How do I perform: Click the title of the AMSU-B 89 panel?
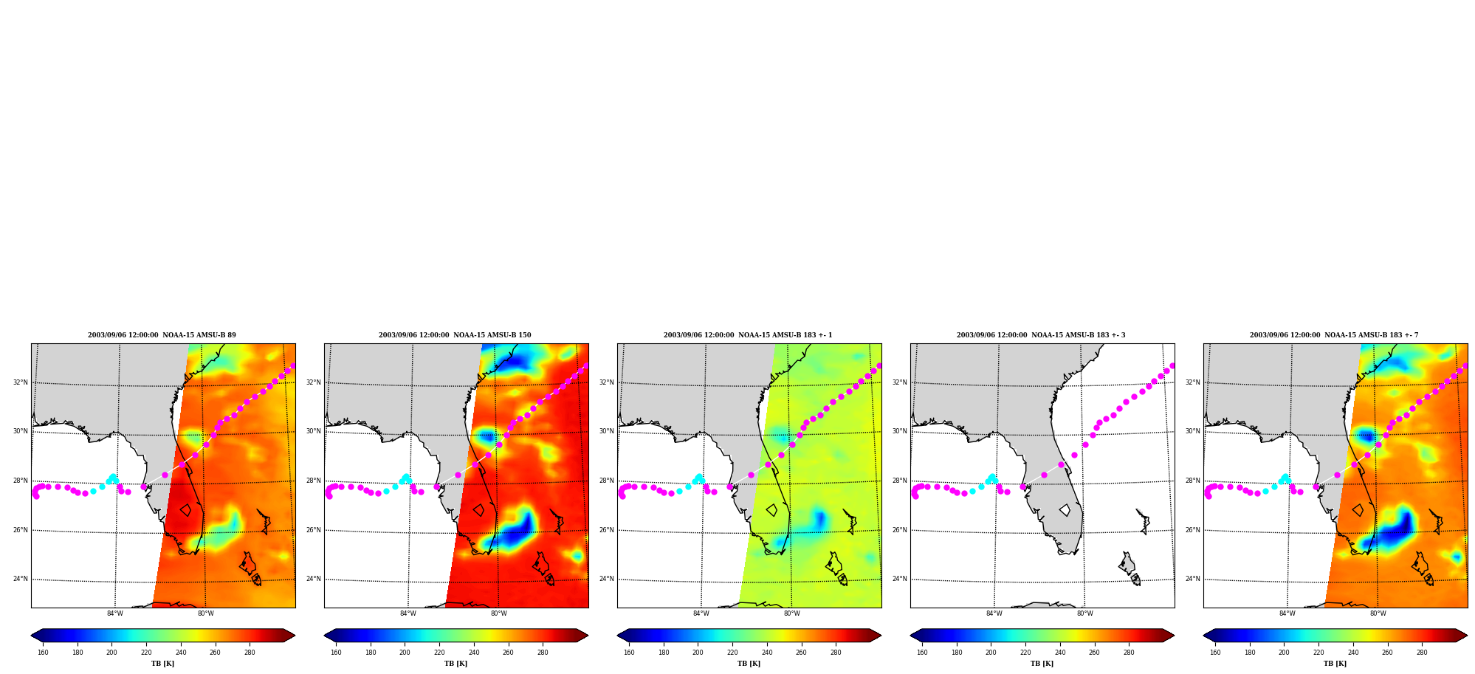(x=162, y=335)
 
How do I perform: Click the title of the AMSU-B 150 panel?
(x=455, y=335)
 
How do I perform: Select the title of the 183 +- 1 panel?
(x=748, y=335)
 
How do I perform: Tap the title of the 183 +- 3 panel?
(x=1041, y=335)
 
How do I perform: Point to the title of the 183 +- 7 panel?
(x=1334, y=335)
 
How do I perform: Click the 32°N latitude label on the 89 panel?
(x=20, y=382)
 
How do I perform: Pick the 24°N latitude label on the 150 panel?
(x=314, y=579)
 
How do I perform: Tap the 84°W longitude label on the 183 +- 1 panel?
(x=701, y=613)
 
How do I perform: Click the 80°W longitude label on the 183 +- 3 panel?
(x=1084, y=613)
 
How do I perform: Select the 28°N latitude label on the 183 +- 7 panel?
(x=1193, y=481)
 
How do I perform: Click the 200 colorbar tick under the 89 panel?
(x=111, y=653)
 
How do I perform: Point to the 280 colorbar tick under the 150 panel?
(x=543, y=653)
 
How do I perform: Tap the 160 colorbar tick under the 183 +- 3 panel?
(x=922, y=653)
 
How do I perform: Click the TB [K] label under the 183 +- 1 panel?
(x=749, y=664)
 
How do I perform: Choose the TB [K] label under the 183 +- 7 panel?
(x=1335, y=664)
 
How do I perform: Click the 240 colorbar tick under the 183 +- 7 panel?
(x=1353, y=653)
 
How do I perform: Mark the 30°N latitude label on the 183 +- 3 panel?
(x=900, y=431)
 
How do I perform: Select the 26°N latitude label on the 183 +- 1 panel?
(x=607, y=530)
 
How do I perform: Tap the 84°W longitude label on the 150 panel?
(x=408, y=613)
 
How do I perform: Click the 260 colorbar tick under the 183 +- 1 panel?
(x=801, y=653)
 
